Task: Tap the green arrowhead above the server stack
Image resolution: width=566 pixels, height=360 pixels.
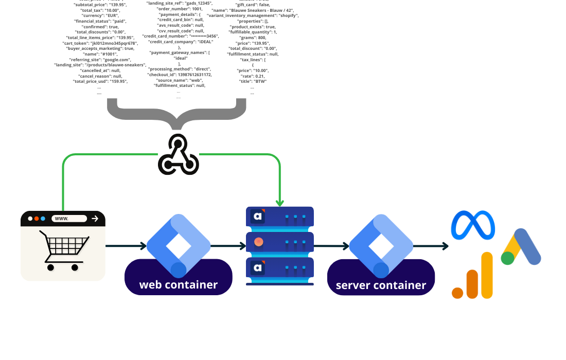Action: click(280, 203)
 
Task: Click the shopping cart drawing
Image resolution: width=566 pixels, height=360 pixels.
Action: click(64, 249)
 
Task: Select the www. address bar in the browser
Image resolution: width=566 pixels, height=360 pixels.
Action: click(69, 219)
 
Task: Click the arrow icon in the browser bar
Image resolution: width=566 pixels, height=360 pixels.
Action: click(95, 219)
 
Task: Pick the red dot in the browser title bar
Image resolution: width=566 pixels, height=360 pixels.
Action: click(37, 219)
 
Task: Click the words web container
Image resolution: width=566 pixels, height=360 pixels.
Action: click(178, 284)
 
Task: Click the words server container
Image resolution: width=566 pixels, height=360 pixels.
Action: click(381, 285)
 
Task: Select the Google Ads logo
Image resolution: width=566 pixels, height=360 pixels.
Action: click(521, 247)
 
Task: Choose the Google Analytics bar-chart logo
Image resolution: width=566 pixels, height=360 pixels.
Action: click(472, 278)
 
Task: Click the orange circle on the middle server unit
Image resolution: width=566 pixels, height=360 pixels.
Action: click(258, 242)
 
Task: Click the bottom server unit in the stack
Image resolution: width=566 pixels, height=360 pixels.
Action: click(280, 267)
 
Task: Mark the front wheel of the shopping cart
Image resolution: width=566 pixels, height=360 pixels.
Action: click(75, 267)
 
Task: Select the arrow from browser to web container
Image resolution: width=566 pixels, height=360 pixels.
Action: click(126, 246)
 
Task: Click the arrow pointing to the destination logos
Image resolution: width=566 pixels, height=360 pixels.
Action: click(432, 246)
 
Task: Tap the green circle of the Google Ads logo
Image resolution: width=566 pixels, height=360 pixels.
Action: click(508, 259)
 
